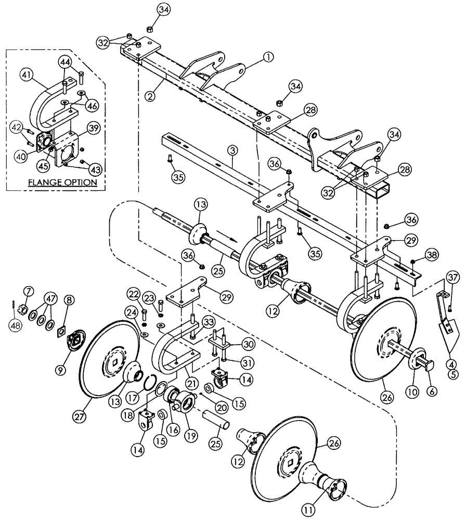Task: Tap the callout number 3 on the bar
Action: coord(232,151)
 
